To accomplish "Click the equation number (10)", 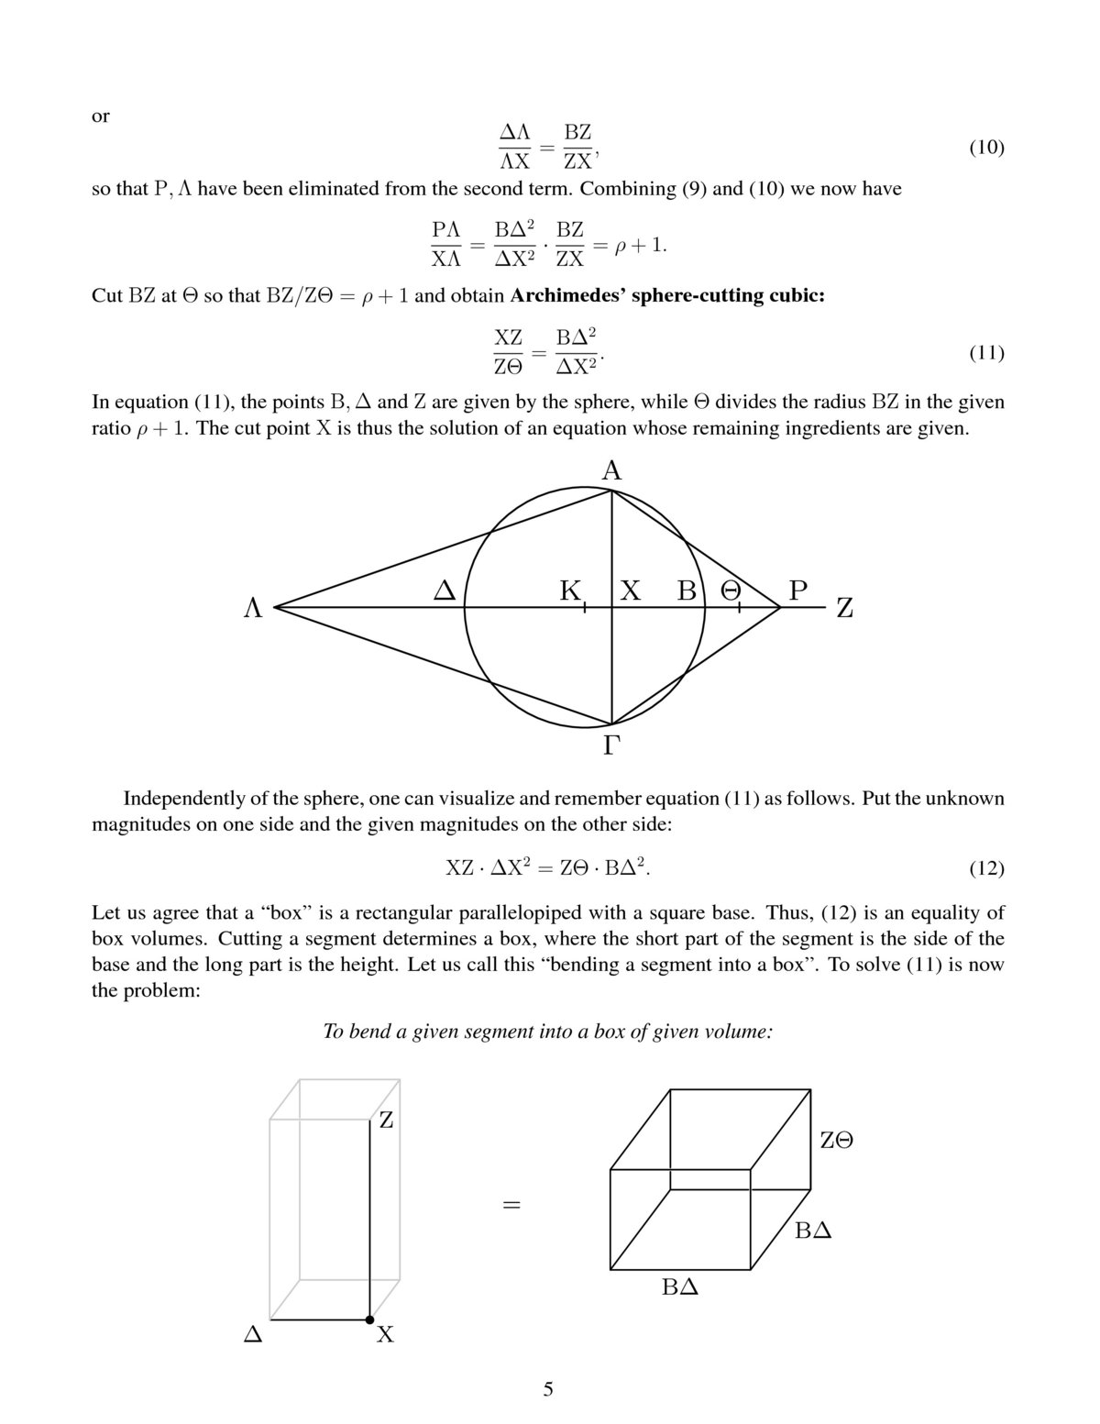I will point(986,148).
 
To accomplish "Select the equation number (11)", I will point(986,353).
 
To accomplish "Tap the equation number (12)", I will point(986,867).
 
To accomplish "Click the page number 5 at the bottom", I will point(548,1388).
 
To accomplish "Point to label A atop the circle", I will point(611,471).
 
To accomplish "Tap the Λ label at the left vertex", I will point(253,608).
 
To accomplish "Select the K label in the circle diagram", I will point(570,591).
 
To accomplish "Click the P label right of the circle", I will point(797,591).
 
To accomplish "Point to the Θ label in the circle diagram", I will point(731,591).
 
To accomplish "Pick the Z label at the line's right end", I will point(844,608).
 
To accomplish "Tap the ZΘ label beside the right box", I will point(837,1140).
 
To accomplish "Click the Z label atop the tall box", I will point(386,1120).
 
